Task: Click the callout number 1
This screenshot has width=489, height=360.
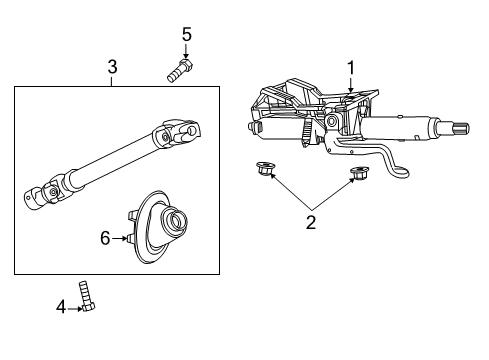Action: coord(350,68)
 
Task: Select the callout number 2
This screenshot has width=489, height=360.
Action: coord(311,223)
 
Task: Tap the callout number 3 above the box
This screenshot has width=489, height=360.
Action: coord(112,68)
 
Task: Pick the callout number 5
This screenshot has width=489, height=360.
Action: coord(186,35)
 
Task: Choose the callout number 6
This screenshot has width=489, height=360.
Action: coord(103,238)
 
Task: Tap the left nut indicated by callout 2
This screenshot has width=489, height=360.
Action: coord(265,169)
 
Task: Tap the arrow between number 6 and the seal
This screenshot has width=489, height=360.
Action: coord(121,238)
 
